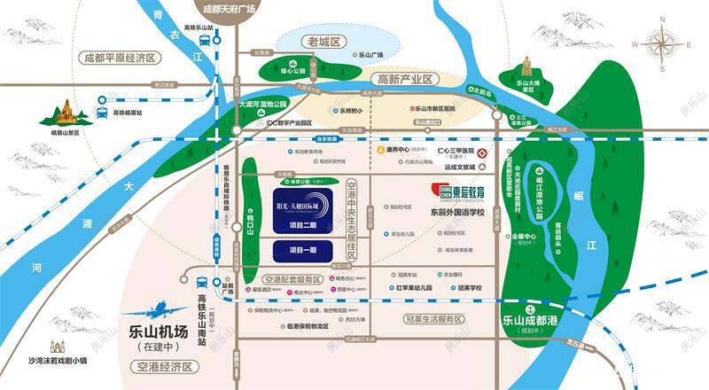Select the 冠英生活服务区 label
(434, 318)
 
